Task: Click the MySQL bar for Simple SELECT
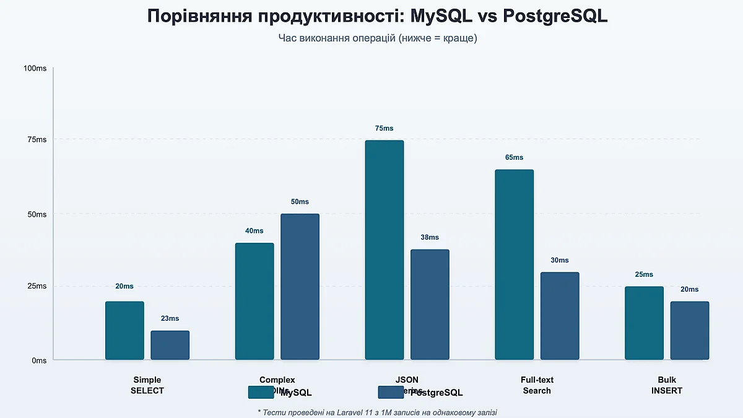click(x=124, y=331)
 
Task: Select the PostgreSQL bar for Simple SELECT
click(x=170, y=345)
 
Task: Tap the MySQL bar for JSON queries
click(x=384, y=250)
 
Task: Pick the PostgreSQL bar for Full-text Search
click(x=560, y=316)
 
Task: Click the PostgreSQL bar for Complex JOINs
click(x=300, y=287)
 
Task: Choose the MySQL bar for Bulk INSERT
click(x=644, y=323)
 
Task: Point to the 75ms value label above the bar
click(x=384, y=129)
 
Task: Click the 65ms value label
click(x=514, y=157)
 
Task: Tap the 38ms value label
click(x=430, y=238)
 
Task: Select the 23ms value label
click(x=170, y=319)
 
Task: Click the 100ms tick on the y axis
click(x=35, y=68)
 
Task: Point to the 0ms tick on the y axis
click(x=38, y=360)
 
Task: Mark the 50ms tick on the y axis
click(x=37, y=214)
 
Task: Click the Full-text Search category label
click(x=537, y=385)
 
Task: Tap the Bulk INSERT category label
click(x=667, y=385)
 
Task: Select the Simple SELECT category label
click(x=147, y=385)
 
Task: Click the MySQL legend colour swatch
click(x=261, y=393)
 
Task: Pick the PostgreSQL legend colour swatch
click(x=391, y=393)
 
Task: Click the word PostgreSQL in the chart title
click(x=555, y=17)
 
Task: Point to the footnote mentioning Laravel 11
click(x=376, y=412)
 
